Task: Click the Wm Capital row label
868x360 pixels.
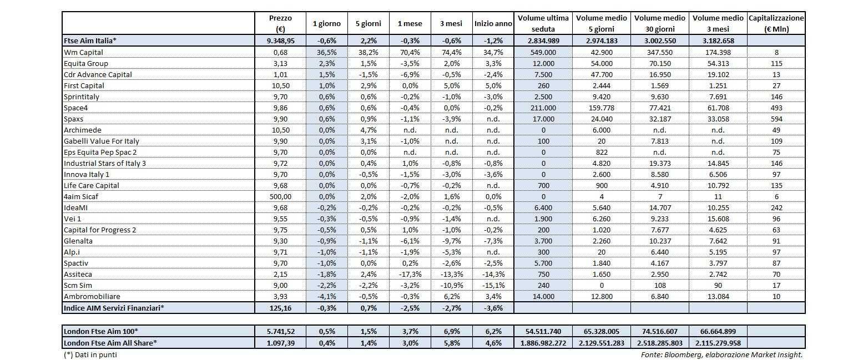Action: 80,52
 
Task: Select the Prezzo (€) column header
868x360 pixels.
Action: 280,23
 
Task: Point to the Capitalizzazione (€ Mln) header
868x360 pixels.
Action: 776,23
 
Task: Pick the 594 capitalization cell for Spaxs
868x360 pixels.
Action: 776,119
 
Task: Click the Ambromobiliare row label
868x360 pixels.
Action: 92,296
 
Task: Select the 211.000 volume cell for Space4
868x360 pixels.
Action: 543,108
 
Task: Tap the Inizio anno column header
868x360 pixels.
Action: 493,23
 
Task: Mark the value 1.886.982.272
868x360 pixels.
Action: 543,343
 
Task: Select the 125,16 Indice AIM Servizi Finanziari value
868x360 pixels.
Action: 280,307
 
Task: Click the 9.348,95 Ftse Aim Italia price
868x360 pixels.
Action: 280,41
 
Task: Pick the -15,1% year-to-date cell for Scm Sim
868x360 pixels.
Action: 493,285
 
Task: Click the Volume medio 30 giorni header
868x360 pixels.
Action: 660,23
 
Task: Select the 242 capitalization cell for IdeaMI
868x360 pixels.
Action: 776,207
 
